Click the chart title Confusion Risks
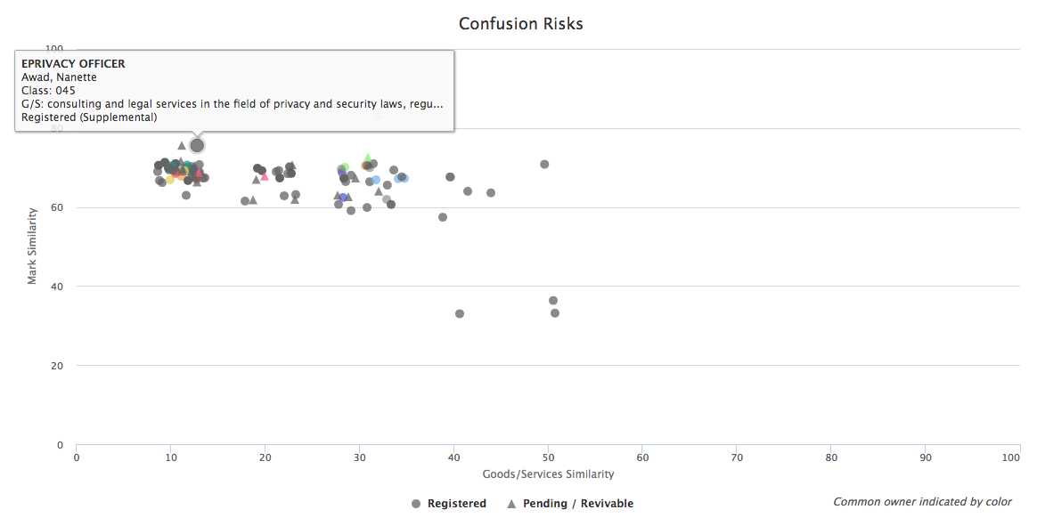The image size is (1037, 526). [x=520, y=24]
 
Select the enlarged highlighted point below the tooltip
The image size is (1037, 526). [x=197, y=145]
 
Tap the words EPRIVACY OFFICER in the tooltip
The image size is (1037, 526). [x=73, y=64]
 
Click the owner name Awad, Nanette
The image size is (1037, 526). [x=59, y=77]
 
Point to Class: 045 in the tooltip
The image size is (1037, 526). [x=48, y=91]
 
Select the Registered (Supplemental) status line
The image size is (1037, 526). [x=89, y=117]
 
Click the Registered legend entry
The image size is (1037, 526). [x=449, y=504]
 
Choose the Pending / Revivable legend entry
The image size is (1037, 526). [x=570, y=504]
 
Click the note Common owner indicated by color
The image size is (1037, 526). [x=922, y=502]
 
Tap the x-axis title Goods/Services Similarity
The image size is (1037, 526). [x=548, y=474]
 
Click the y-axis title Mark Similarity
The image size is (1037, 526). [x=32, y=246]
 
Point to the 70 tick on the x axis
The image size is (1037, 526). [x=737, y=457]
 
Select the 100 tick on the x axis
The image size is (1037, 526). [x=1010, y=457]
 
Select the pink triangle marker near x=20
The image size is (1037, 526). [x=265, y=176]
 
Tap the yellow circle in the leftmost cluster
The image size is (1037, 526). [x=170, y=180]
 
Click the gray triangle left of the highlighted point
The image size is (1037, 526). [x=182, y=145]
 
